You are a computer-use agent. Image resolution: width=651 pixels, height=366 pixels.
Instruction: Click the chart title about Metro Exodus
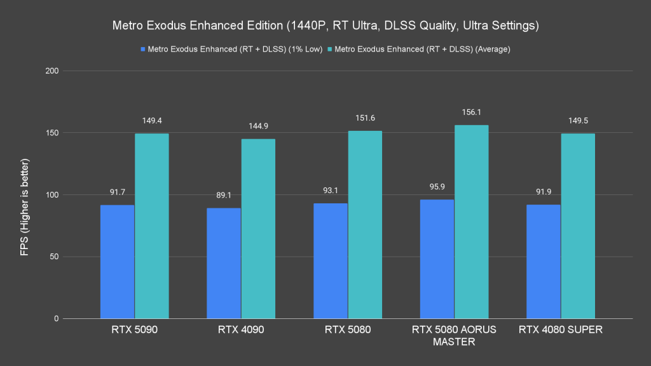(x=325, y=26)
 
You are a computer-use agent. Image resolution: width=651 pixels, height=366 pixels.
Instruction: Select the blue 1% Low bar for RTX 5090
(x=118, y=262)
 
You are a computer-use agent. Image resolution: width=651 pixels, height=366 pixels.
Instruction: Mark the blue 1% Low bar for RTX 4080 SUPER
(x=544, y=262)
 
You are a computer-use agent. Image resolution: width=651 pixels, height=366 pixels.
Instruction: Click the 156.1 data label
(x=471, y=112)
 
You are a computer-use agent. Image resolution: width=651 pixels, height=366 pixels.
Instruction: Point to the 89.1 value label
(x=224, y=195)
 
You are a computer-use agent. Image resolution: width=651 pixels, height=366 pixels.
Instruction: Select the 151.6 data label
(x=365, y=118)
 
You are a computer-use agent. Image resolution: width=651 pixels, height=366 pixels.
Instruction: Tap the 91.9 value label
(x=544, y=191)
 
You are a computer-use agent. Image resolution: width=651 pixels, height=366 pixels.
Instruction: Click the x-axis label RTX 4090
(x=241, y=330)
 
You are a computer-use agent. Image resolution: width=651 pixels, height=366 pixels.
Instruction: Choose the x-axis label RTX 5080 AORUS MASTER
(x=454, y=335)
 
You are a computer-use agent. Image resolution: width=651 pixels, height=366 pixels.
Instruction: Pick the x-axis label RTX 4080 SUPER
(x=561, y=330)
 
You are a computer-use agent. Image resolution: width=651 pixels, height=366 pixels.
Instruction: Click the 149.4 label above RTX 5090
(x=151, y=120)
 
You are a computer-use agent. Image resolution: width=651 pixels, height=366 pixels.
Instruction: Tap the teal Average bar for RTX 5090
(x=151, y=226)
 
